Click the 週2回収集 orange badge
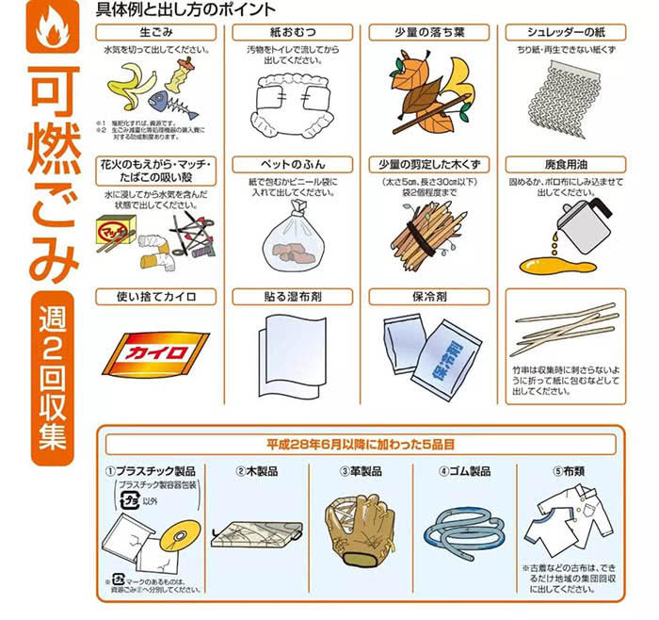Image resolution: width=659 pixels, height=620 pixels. tap(46, 378)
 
